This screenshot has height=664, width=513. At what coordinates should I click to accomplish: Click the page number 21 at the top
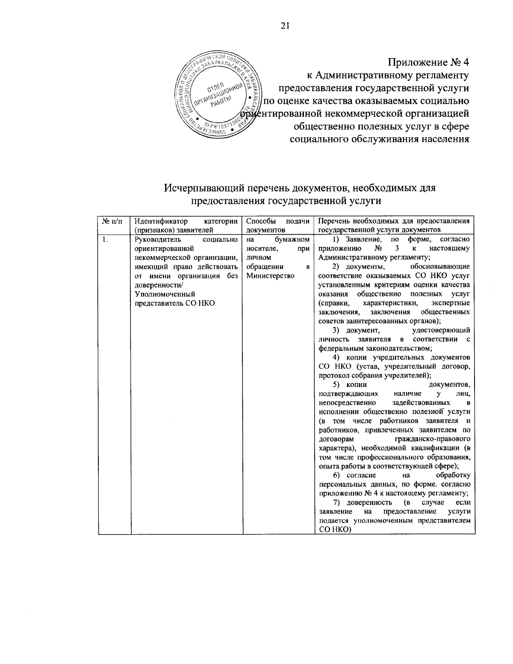pos(285,26)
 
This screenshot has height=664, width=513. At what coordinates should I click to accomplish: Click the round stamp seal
pos(217,95)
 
